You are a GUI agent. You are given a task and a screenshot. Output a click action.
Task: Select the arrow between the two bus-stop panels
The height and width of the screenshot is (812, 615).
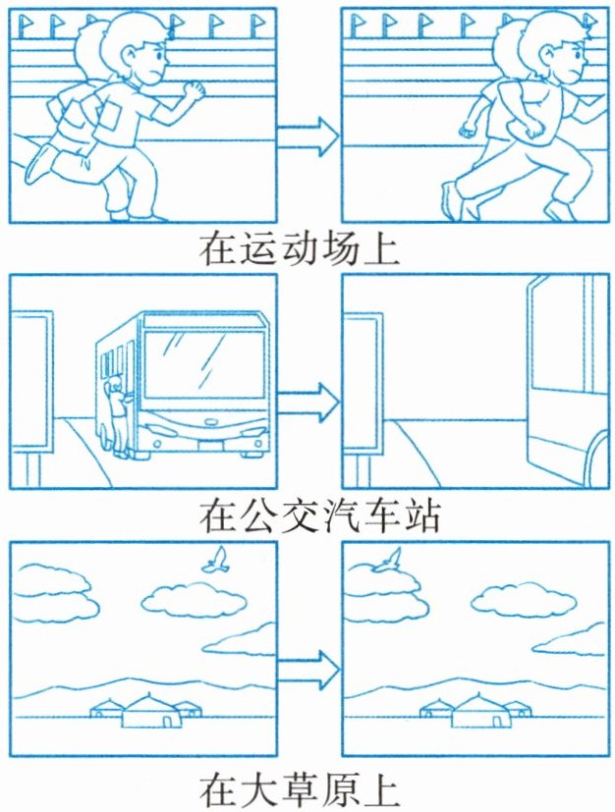tap(307, 400)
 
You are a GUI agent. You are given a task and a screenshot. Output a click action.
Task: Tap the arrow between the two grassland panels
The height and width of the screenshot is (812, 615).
tap(307, 668)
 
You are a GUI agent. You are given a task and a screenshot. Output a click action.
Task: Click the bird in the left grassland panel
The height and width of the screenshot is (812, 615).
tap(215, 561)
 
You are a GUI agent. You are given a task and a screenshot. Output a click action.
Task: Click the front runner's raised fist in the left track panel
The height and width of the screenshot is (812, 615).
tap(196, 91)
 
